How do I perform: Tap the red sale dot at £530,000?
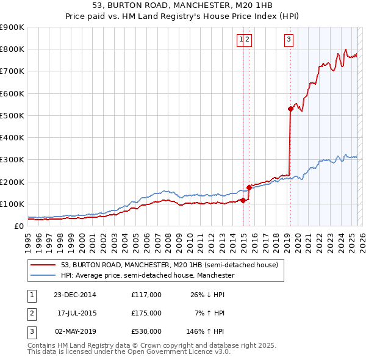[290, 109]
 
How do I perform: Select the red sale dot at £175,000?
[249, 187]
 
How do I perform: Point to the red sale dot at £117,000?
[243, 200]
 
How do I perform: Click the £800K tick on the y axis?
[12, 49]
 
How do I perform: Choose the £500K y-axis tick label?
[12, 115]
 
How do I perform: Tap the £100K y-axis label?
[12, 204]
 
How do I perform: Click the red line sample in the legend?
[43, 265]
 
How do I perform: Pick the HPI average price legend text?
[148, 276]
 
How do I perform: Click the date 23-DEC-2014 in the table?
[75, 295]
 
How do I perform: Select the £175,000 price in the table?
[146, 313]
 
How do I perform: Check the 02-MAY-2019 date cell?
[75, 331]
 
